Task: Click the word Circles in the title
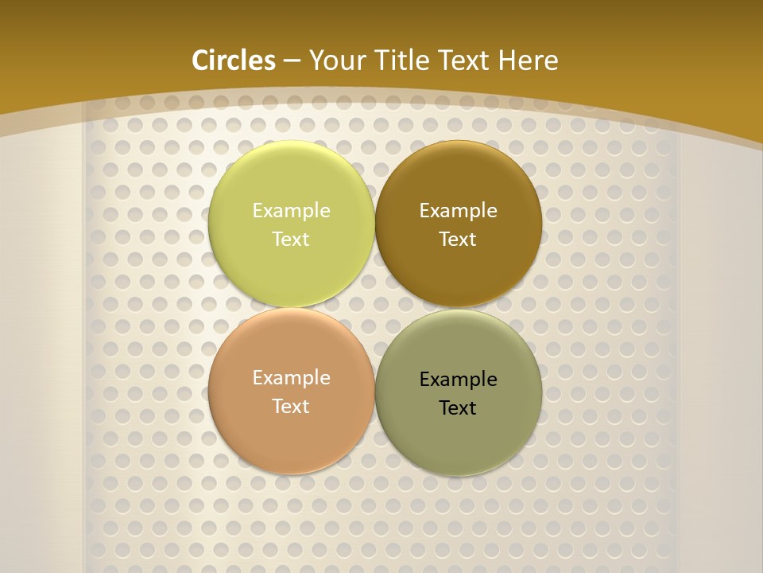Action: (234, 60)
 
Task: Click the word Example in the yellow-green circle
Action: (291, 211)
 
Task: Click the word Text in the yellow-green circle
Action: (291, 240)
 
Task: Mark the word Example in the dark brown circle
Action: (458, 211)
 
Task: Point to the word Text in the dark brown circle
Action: (458, 240)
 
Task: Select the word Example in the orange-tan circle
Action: (291, 378)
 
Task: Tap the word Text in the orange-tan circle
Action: (291, 407)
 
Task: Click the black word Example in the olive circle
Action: (458, 380)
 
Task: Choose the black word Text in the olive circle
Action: (458, 408)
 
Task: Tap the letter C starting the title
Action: (199, 60)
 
